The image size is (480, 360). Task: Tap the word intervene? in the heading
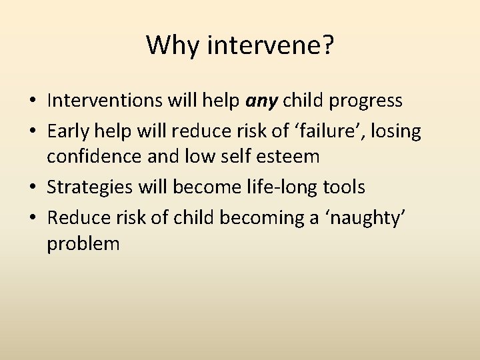272,46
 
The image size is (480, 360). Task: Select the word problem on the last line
83,245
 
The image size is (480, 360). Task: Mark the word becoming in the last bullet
247,217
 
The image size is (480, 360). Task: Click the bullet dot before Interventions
33,101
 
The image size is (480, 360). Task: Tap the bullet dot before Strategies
33,188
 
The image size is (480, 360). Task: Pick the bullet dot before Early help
33,131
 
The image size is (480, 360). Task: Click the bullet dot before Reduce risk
33,217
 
